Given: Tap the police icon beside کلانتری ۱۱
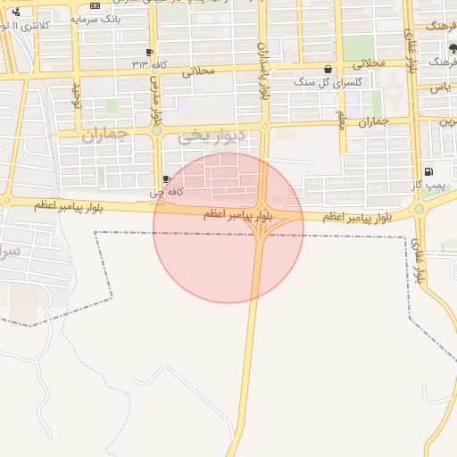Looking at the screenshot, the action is coord(16,12).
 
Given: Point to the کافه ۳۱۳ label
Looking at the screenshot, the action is coord(148,64).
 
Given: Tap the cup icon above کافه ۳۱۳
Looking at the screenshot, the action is coord(148,52).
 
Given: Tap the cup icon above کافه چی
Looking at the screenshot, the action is coord(167,179).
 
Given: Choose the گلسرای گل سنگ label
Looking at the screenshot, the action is coord(328,82).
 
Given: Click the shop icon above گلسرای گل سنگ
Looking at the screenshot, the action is coord(328,70).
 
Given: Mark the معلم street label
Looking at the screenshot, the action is coord(341,119).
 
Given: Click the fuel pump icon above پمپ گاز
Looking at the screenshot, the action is coord(428,171).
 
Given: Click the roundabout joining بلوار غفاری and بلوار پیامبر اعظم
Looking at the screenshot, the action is coord(419,209).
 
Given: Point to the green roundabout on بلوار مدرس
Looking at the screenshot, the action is coord(156,130).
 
